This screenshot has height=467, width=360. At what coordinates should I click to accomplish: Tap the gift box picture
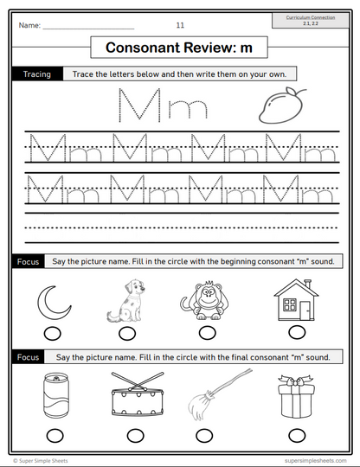point(297,396)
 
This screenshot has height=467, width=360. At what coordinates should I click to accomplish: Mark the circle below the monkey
point(208,334)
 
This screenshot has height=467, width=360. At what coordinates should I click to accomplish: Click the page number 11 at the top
point(179,26)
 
